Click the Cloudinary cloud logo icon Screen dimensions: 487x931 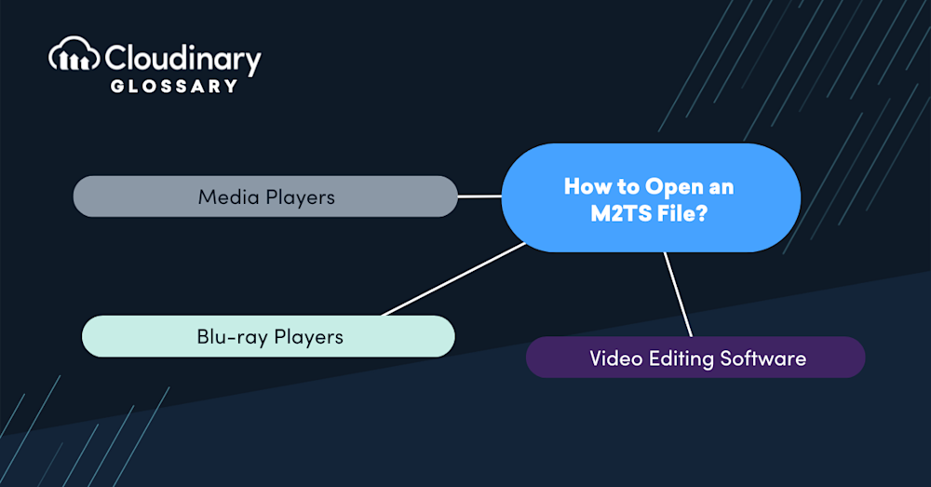pos(74,57)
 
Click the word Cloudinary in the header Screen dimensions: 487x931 pos(182,59)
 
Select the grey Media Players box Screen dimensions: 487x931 pos(265,196)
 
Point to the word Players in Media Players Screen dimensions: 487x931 pos(300,197)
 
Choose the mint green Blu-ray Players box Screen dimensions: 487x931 pos(268,336)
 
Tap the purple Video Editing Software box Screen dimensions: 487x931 pos(695,358)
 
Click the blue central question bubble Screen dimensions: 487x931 pos(651,197)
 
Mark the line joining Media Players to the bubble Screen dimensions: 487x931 pos(479,196)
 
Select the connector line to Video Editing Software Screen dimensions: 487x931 pos(679,294)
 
